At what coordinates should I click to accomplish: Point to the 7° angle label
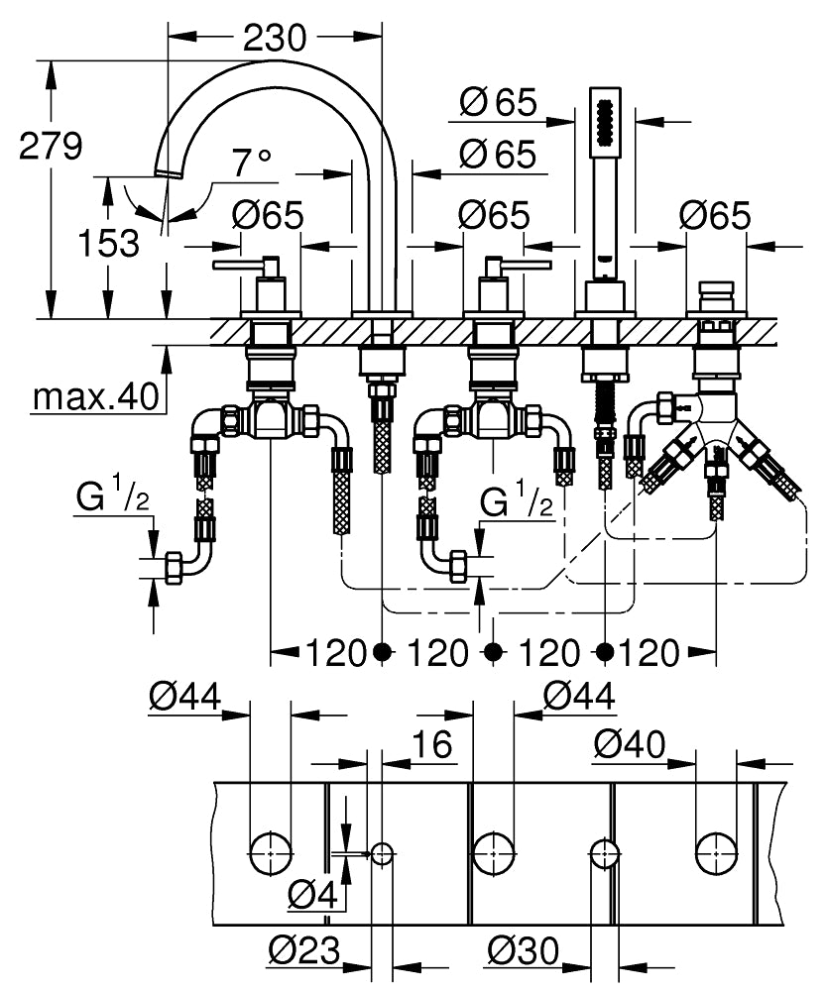click(252, 162)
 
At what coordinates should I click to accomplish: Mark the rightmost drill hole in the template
click(715, 851)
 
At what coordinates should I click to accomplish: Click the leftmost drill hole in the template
click(270, 851)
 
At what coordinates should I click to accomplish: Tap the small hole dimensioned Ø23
click(383, 851)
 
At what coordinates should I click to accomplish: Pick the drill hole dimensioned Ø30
click(604, 852)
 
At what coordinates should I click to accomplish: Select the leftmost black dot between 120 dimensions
click(383, 651)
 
